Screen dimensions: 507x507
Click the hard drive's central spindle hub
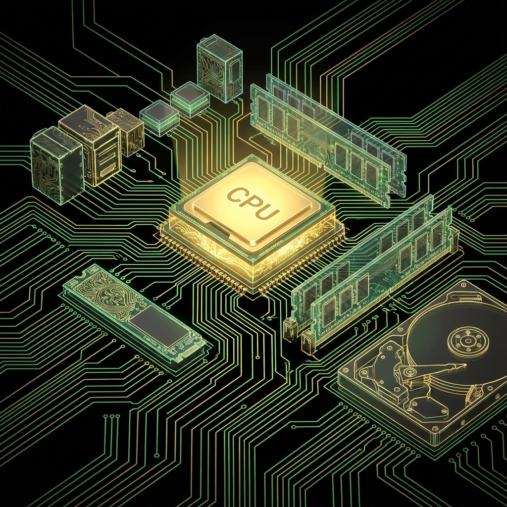click(x=468, y=341)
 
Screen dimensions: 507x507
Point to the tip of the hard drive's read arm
click(x=462, y=367)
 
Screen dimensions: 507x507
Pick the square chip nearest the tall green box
click(x=190, y=99)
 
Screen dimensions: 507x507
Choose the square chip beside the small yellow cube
click(x=159, y=118)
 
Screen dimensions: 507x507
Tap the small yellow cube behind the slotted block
click(x=127, y=130)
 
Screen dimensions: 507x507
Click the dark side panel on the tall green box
click(x=233, y=74)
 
